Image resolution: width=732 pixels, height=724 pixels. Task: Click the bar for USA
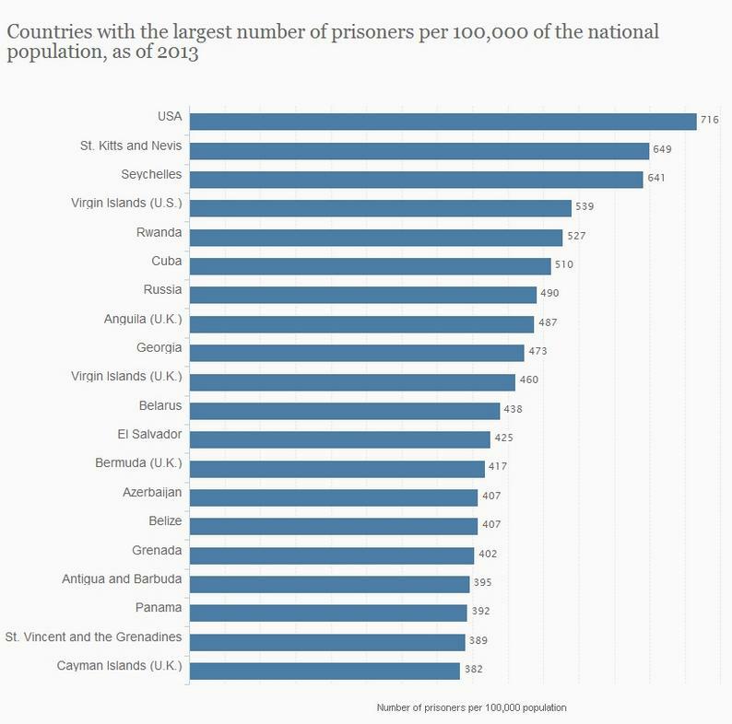pyautogui.click(x=443, y=122)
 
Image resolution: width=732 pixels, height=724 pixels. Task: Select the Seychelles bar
pyautogui.click(x=416, y=179)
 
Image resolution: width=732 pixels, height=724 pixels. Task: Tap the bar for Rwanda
pyautogui.click(x=375, y=237)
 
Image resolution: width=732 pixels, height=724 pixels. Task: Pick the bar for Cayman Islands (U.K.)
pyautogui.click(x=325, y=671)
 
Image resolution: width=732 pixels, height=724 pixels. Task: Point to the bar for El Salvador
pyautogui.click(x=339, y=439)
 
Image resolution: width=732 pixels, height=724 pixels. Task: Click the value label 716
pyautogui.click(x=710, y=121)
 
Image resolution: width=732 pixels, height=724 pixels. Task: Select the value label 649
pyautogui.click(x=663, y=149)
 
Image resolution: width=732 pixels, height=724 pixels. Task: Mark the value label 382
pyautogui.click(x=473, y=670)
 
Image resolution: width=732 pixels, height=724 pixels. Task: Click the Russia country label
pyautogui.click(x=162, y=290)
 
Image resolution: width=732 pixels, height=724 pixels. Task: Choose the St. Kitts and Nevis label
pyautogui.click(x=132, y=146)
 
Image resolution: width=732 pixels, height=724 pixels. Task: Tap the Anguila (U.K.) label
pyautogui.click(x=143, y=320)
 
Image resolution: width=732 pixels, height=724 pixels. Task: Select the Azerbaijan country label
pyautogui.click(x=152, y=493)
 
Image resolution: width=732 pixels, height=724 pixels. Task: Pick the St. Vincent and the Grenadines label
pyautogui.click(x=94, y=637)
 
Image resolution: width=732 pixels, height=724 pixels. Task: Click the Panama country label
pyautogui.click(x=159, y=608)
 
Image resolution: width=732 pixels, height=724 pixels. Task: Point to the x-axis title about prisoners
pyautogui.click(x=471, y=707)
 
